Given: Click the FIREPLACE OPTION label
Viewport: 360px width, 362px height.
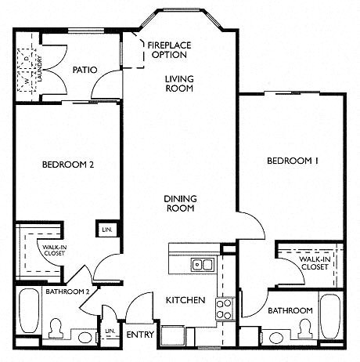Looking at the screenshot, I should tap(169, 50).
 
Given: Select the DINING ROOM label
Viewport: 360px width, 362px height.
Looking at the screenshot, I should tap(180, 205).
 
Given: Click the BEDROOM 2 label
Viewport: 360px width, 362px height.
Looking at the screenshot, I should tap(68, 165).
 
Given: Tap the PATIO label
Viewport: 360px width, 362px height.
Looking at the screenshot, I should tap(85, 70).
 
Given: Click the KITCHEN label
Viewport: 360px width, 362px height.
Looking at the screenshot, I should tap(185, 300).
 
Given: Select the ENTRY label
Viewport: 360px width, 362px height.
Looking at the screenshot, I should tap(141, 335).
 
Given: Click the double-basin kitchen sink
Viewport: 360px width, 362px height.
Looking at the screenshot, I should tap(202, 264).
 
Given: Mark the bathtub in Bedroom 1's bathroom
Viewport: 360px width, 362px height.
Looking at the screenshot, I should tap(329, 316).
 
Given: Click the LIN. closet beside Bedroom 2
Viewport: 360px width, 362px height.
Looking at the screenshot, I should tap(106, 230).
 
